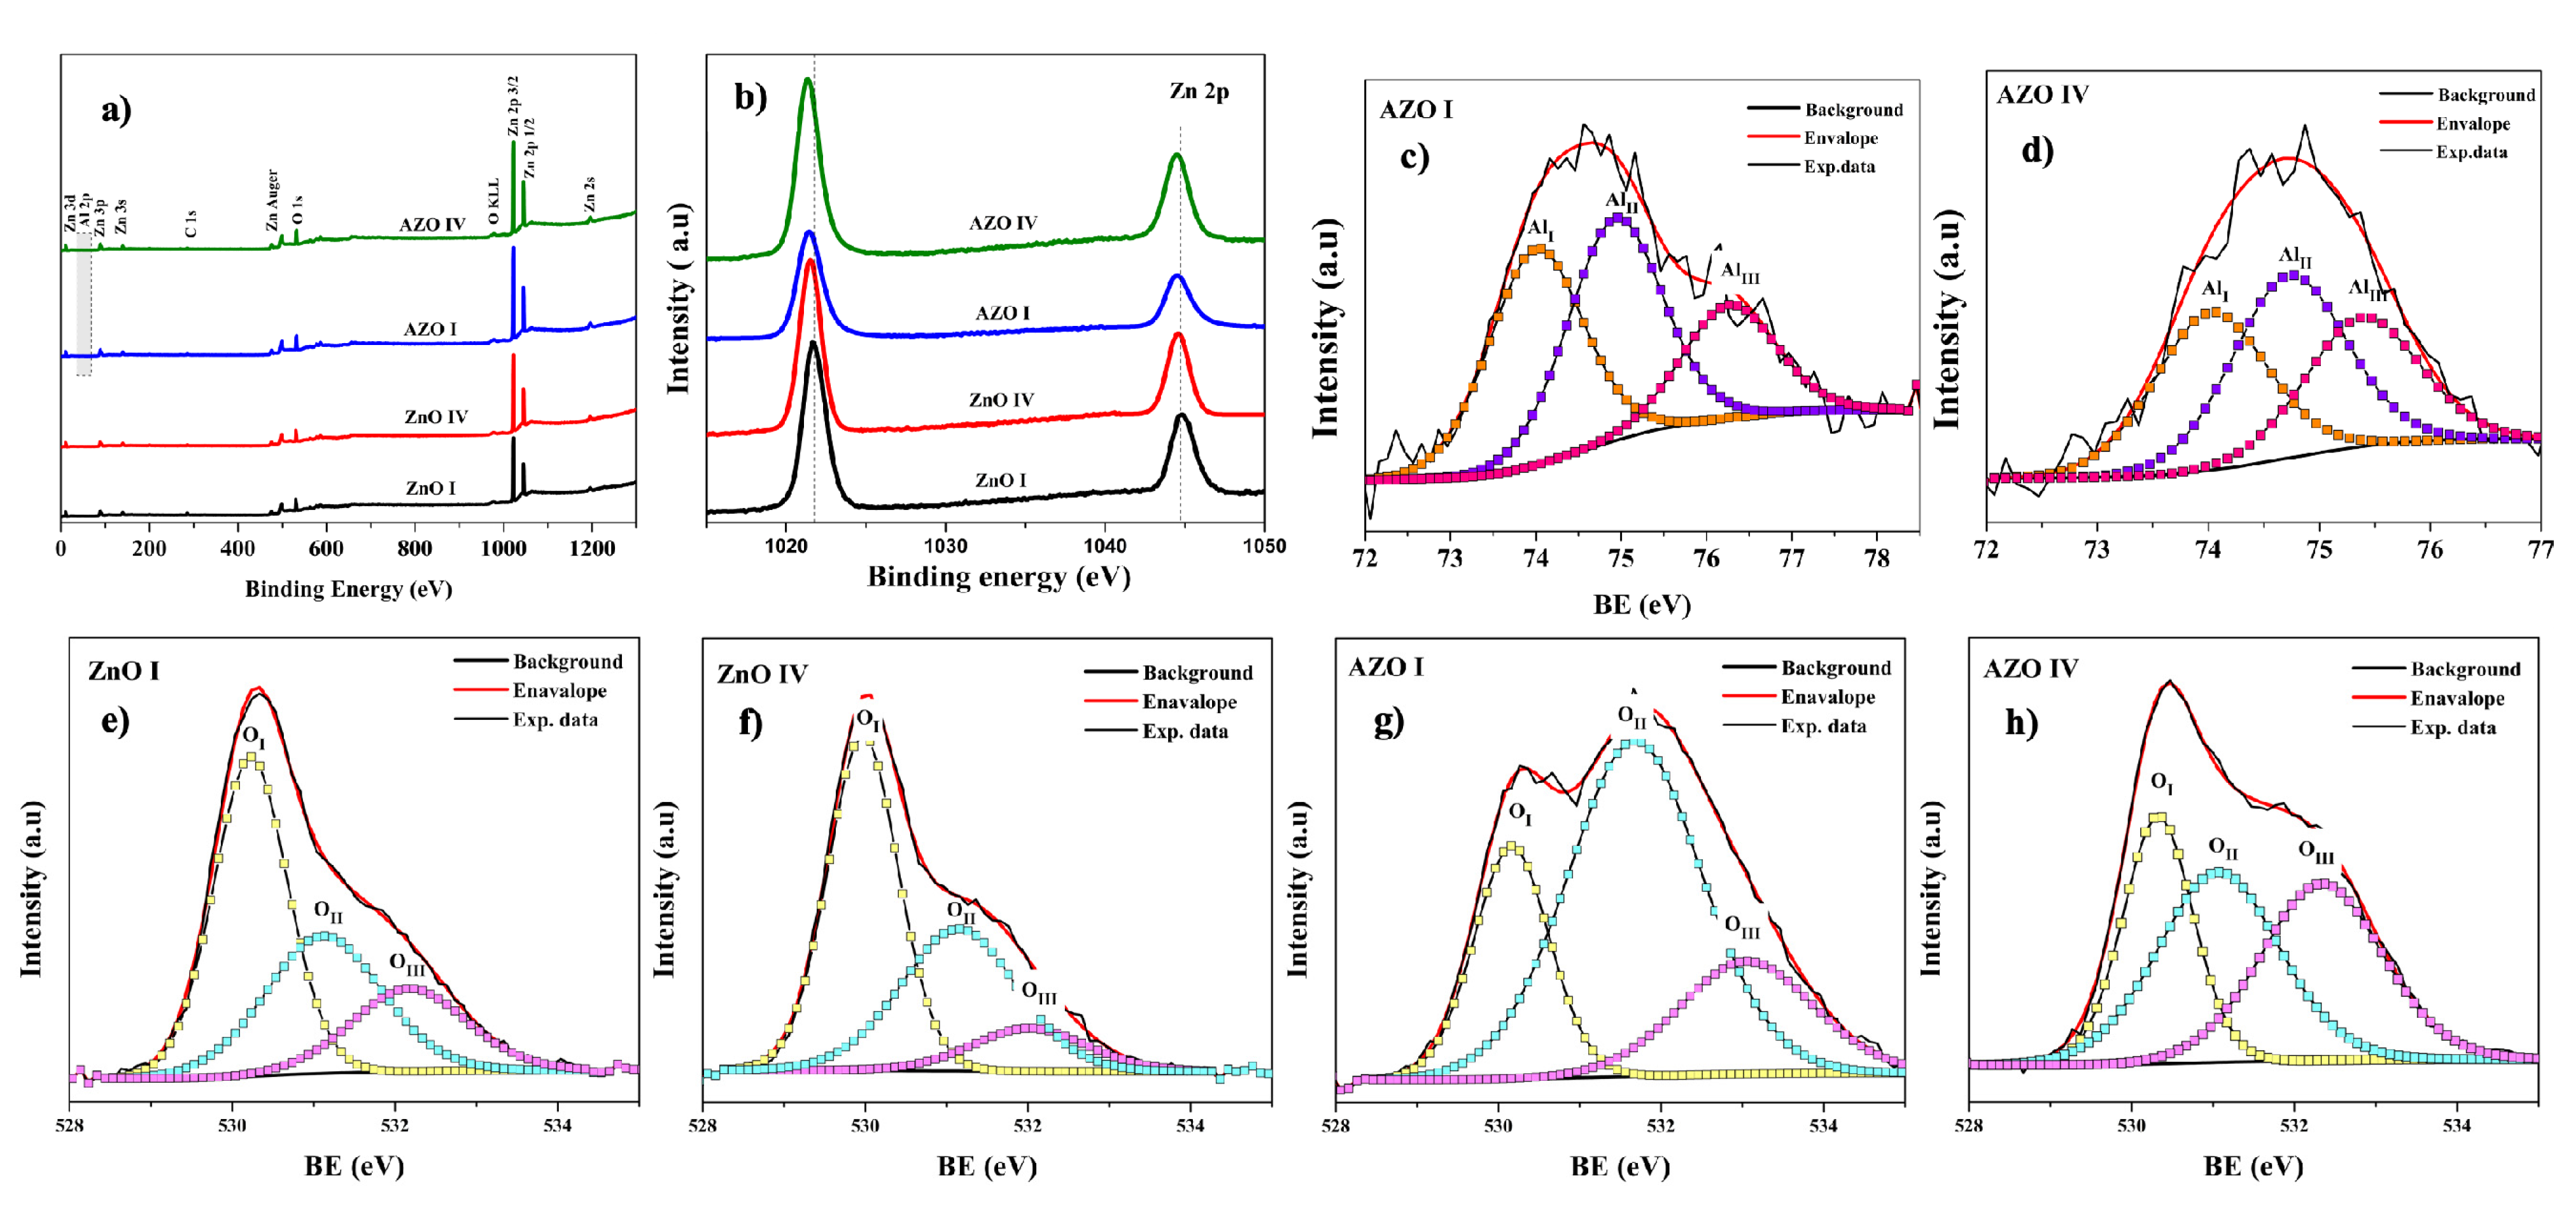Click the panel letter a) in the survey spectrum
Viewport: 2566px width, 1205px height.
116,109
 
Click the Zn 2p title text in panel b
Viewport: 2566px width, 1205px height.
1199,92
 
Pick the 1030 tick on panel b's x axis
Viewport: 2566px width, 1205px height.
945,546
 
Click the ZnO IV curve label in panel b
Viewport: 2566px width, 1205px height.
1001,400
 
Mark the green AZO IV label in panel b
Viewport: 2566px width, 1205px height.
1003,223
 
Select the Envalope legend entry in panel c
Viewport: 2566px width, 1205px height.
1840,138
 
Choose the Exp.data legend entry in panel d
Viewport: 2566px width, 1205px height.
2471,152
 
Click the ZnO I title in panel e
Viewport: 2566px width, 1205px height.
123,671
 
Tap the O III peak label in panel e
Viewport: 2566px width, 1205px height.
406,964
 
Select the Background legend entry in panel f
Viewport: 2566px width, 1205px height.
1197,673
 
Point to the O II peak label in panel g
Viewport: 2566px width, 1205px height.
1632,715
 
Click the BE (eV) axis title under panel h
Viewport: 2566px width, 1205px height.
2253,1166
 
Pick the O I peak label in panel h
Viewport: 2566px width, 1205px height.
2162,783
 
